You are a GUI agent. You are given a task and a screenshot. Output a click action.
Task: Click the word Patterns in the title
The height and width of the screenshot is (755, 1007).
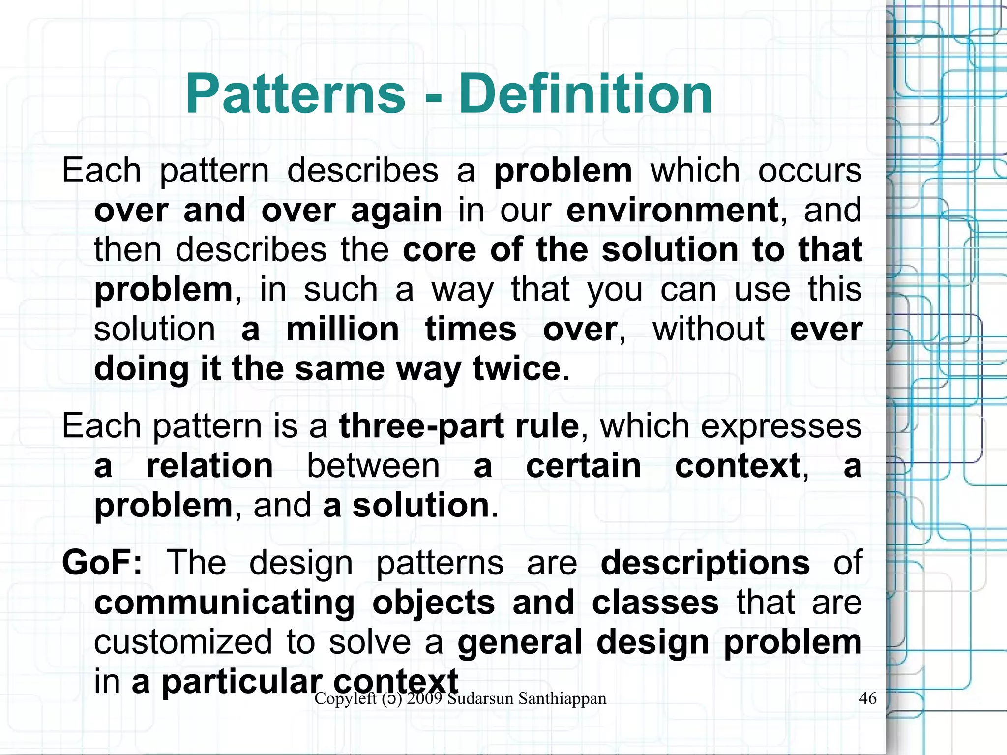tap(296, 93)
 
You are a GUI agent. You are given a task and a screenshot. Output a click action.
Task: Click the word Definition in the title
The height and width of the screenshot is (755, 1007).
tap(585, 93)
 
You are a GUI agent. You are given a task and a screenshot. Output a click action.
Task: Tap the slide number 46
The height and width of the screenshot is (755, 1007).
tap(867, 698)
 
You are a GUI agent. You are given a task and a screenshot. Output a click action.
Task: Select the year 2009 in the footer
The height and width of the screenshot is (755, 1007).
tap(425, 698)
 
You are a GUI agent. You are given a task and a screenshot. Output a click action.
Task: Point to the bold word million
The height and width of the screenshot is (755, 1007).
tap(342, 329)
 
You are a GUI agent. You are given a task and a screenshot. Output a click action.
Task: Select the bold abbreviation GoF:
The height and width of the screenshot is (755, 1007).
tap(102, 563)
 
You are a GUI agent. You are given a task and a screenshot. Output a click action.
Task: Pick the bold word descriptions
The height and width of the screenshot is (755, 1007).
tap(705, 563)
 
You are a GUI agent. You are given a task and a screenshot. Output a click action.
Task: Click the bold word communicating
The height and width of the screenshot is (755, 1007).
tap(224, 603)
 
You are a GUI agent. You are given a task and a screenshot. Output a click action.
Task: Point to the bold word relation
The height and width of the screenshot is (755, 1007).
tap(209, 466)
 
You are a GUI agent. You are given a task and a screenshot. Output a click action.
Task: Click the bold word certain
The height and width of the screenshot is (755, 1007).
tap(584, 466)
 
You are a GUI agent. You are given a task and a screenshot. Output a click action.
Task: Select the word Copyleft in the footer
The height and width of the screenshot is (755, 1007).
tap(345, 698)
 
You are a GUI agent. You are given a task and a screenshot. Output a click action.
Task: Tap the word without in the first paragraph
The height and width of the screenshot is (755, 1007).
tap(708, 329)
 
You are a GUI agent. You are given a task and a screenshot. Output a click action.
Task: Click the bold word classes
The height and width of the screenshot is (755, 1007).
tap(655, 603)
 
